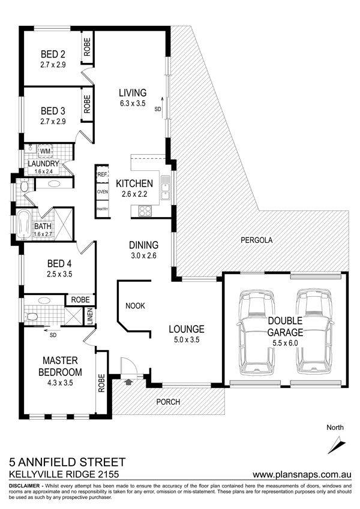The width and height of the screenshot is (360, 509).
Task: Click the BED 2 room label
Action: coord(53,54)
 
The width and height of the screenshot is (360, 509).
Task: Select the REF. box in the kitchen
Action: coord(102,174)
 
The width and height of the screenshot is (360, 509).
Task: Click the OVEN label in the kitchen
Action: coord(103,192)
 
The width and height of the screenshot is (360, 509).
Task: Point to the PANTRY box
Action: coord(103,209)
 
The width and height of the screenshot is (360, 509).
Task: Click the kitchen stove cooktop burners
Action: coord(145,211)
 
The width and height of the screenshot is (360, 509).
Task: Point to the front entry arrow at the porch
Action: coord(128,382)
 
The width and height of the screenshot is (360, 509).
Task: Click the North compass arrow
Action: coord(337,445)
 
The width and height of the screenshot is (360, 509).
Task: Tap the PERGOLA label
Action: coord(256,240)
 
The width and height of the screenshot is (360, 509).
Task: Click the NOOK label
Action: coord(135,306)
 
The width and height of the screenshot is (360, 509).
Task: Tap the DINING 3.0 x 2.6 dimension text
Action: coord(143,256)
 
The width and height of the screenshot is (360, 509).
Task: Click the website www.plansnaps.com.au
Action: coord(302,474)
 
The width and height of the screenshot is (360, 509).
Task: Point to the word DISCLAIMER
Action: coord(25,486)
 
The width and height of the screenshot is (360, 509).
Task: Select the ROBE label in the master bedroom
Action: coord(101,383)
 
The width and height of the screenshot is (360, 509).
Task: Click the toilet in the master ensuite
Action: coord(32,316)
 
